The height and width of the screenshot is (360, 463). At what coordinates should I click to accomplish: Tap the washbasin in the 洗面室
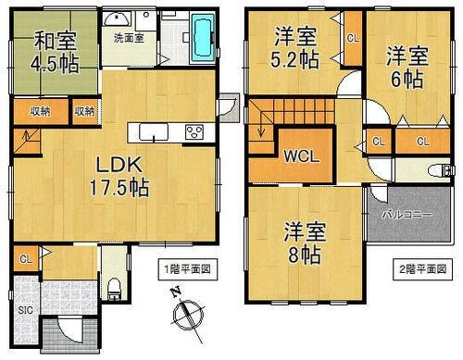[x=117, y=19]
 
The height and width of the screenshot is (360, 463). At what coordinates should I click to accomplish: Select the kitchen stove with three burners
[x=194, y=132]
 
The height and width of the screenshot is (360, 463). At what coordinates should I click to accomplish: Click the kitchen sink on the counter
[x=154, y=132]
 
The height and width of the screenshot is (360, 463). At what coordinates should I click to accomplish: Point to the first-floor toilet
[x=114, y=289]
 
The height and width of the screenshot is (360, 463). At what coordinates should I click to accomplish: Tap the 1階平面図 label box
[x=188, y=269]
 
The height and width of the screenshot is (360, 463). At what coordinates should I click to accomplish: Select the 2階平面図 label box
[x=422, y=269]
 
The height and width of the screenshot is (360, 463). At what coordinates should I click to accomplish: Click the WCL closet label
[x=302, y=156]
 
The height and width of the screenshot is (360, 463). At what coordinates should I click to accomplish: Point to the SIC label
[x=25, y=310]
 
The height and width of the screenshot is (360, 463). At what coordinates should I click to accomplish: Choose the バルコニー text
[x=407, y=215]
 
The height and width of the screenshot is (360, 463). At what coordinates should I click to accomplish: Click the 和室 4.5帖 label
[x=55, y=52]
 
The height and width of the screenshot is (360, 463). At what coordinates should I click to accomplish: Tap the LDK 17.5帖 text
[x=119, y=177]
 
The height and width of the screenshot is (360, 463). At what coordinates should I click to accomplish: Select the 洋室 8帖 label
[x=305, y=243]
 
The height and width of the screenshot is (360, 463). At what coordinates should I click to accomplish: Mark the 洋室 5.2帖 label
[x=295, y=47]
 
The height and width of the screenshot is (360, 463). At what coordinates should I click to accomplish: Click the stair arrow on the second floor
[x=261, y=121]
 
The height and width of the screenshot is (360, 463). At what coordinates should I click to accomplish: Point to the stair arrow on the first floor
[x=27, y=135]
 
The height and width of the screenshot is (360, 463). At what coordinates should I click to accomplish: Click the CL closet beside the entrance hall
[x=26, y=259]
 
